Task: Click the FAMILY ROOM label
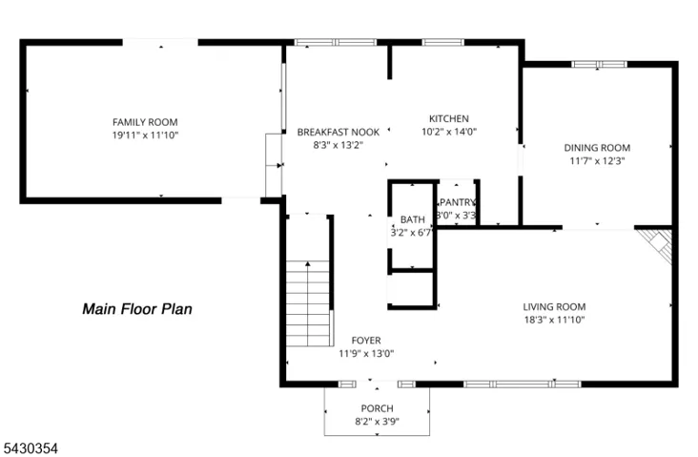click(145, 122)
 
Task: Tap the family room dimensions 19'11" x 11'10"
click(145, 135)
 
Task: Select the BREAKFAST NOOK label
click(339, 132)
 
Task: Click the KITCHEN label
click(449, 118)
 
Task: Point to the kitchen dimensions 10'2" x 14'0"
click(449, 132)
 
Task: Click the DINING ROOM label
click(597, 148)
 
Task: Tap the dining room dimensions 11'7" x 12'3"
click(597, 161)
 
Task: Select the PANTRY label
click(458, 202)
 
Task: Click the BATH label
click(413, 219)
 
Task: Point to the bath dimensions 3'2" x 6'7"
click(411, 233)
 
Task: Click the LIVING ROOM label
click(554, 306)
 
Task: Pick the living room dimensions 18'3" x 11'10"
click(554, 320)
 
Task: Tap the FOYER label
click(366, 341)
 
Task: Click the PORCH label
click(377, 408)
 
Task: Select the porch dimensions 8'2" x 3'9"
click(377, 422)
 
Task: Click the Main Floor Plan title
click(137, 309)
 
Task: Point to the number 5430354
click(31, 448)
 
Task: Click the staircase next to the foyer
click(308, 303)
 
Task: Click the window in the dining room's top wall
click(599, 64)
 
